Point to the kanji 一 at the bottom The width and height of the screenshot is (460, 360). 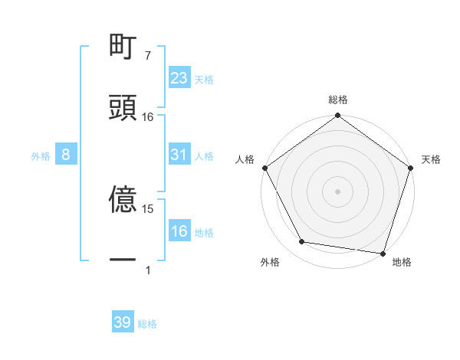click(123, 260)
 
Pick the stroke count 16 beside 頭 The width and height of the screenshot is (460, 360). click(148, 116)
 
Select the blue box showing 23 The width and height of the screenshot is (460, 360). click(179, 77)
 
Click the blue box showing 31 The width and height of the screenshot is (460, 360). click(179, 155)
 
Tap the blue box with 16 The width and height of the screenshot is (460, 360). click(179, 231)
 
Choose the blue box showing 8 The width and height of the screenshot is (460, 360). click(66, 155)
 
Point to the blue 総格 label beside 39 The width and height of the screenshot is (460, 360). click(147, 324)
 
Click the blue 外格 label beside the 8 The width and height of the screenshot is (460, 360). click(41, 155)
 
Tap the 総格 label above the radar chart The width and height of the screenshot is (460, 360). click(337, 100)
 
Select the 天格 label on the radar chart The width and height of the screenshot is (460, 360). click(431, 159)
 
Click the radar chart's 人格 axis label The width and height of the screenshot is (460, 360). click(245, 159)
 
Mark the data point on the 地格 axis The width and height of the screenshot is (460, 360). click(382, 252)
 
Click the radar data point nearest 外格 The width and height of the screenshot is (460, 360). click(302, 242)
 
